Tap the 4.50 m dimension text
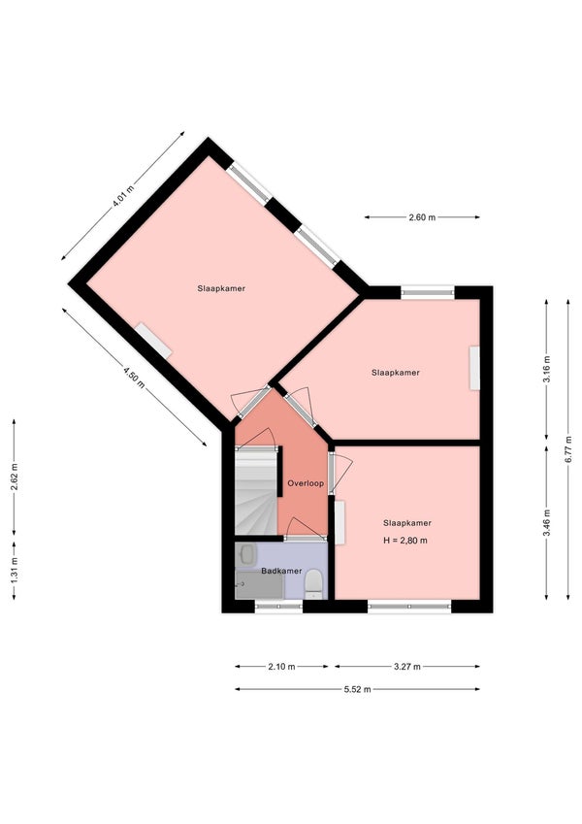click(134, 375)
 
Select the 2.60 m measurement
click(422, 217)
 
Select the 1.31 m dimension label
click(14, 568)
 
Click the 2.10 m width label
click(282, 666)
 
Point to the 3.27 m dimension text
click(407, 666)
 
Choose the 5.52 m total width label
click(357, 689)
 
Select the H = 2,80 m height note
click(406, 540)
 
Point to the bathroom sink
click(246, 555)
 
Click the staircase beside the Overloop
click(256, 495)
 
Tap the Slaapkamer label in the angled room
click(221, 288)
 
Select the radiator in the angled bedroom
click(153, 340)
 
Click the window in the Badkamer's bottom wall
click(278, 607)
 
